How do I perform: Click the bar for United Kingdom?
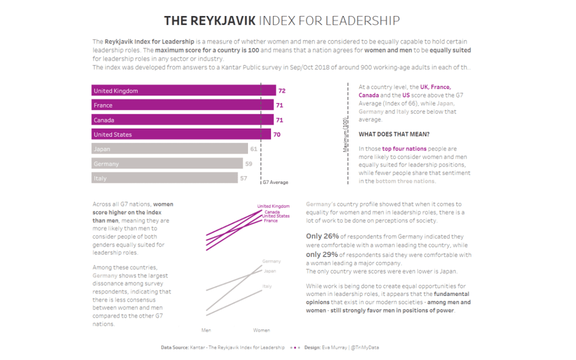point(183,91)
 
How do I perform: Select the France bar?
point(182,105)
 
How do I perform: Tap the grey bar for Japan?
point(170,149)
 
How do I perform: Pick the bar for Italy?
point(164,178)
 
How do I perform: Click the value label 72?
point(282,91)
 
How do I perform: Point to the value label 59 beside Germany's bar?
point(249,164)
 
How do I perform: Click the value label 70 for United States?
point(277,134)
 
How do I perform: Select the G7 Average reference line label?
point(275,182)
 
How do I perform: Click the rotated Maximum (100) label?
point(345,136)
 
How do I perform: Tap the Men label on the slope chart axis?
point(206,330)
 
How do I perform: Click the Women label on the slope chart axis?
point(261,330)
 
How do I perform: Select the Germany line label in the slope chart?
point(271,261)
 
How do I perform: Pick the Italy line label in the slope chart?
point(267,286)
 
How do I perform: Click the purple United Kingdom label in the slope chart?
point(274,206)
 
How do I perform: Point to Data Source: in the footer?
point(174,347)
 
